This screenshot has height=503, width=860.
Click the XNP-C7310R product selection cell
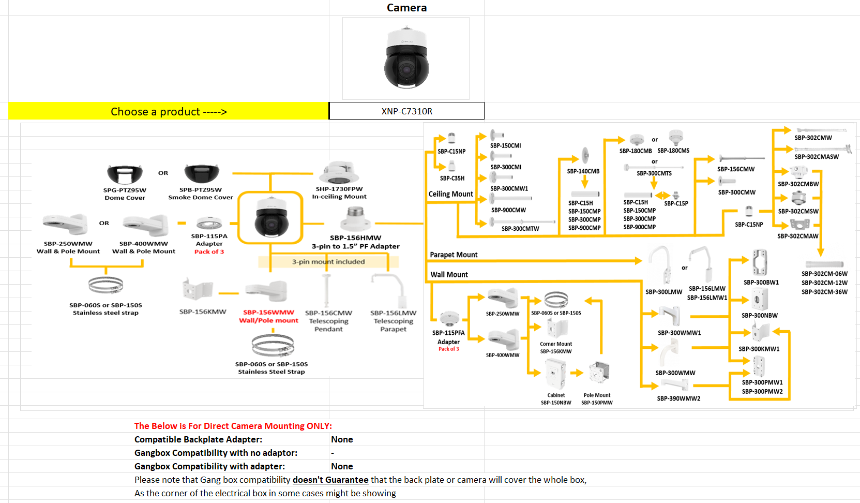(x=406, y=111)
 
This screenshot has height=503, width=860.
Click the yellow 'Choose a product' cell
(x=169, y=112)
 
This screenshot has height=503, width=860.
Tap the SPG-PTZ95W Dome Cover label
(x=125, y=194)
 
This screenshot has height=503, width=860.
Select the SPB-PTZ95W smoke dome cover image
(x=202, y=174)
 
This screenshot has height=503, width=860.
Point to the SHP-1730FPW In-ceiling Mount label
(x=339, y=193)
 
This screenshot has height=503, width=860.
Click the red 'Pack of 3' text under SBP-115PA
(x=209, y=252)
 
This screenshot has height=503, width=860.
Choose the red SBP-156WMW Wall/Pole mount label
(x=268, y=316)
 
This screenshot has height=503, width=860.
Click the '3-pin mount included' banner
(x=328, y=262)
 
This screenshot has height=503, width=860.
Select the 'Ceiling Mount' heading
(x=450, y=194)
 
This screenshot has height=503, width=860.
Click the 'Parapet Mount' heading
(x=454, y=255)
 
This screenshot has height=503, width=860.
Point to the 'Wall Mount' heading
(x=449, y=274)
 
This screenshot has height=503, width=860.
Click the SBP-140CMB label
(x=583, y=171)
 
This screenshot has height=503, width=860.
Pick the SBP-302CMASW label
(x=817, y=157)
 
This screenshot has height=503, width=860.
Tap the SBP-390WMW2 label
(x=678, y=398)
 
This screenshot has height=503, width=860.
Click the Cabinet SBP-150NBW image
(x=556, y=374)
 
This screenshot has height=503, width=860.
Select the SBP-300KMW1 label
(x=759, y=349)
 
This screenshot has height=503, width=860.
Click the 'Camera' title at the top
(x=406, y=8)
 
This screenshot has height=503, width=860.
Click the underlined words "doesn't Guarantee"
(x=330, y=480)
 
